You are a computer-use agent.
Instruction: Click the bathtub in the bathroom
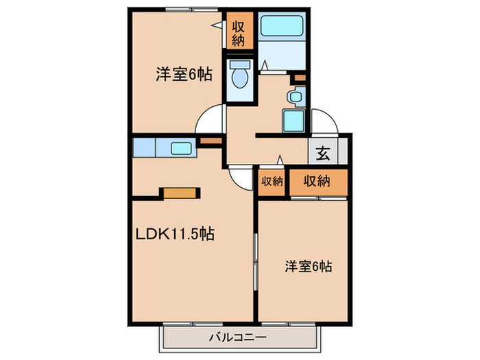pyautogui.click(x=282, y=26)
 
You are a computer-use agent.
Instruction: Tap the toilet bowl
pyautogui.click(x=240, y=78)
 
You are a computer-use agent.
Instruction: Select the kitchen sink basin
pyautogui.click(x=181, y=149)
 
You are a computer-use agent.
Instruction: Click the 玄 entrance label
pyautogui.click(x=323, y=153)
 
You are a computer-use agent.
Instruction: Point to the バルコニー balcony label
pyautogui.click(x=238, y=337)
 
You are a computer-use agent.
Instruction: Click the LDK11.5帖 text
pyautogui.click(x=175, y=235)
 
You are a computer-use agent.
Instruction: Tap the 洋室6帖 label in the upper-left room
pyautogui.click(x=184, y=74)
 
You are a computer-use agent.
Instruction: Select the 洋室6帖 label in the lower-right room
pyautogui.click(x=309, y=266)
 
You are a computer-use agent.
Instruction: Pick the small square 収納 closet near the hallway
pyautogui.click(x=272, y=182)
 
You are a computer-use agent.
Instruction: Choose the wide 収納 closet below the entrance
pyautogui.click(x=318, y=182)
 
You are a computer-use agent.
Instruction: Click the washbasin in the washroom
pyautogui.click(x=296, y=97)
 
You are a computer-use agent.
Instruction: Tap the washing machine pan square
pyautogui.click(x=293, y=121)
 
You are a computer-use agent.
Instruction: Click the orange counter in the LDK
pyautogui.click(x=180, y=193)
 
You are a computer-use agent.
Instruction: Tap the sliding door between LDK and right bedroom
pyautogui.click(x=255, y=262)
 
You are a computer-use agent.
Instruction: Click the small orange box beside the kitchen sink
pyautogui.click(x=211, y=141)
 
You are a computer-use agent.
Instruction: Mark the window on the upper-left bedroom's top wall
pyautogui.click(x=191, y=10)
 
